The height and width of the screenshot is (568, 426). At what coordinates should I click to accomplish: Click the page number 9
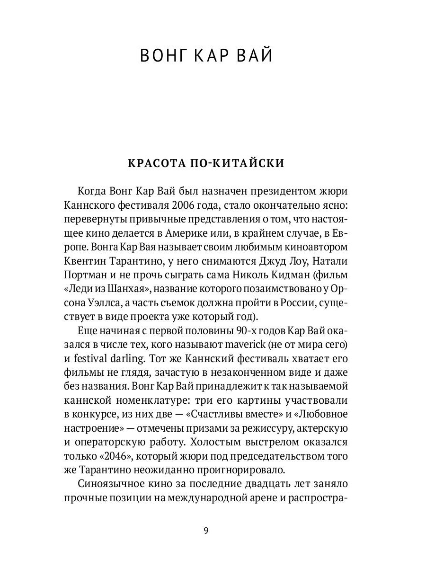(206, 530)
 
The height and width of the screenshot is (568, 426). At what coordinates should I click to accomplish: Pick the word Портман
(82, 275)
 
